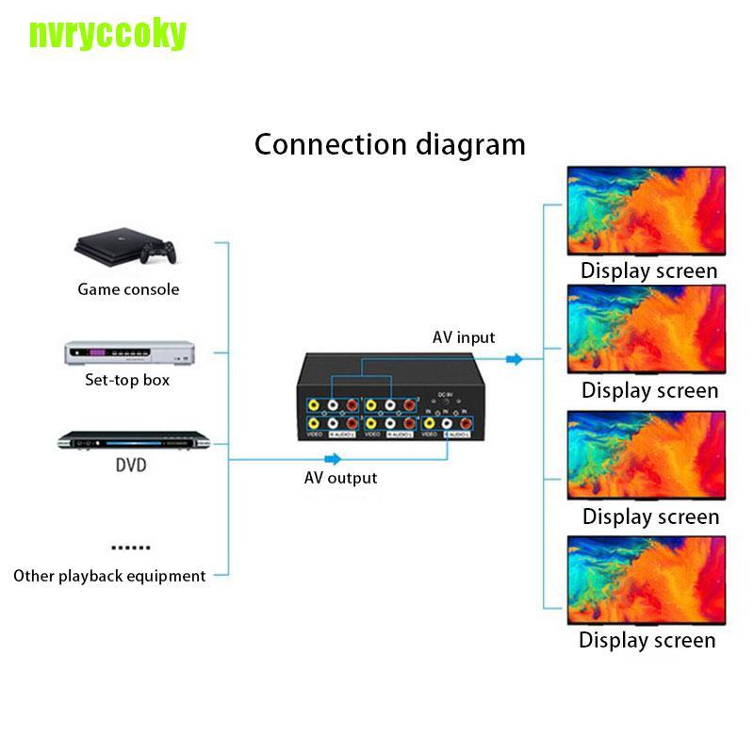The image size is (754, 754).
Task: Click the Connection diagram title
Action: (390, 144)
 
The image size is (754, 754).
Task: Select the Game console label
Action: (128, 289)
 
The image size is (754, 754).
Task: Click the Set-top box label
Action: (128, 381)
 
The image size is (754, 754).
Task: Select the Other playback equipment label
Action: (109, 575)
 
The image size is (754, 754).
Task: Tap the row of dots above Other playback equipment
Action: (130, 547)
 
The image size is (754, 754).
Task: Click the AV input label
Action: (464, 337)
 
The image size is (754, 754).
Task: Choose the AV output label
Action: (340, 478)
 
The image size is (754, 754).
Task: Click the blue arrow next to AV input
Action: (514, 358)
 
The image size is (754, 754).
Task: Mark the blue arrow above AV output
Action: (332, 459)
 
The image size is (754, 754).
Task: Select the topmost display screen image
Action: (646, 212)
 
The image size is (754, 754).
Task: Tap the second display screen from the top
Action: (646, 331)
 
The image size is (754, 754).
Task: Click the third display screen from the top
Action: (646, 457)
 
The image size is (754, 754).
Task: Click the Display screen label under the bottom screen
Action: (647, 641)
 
